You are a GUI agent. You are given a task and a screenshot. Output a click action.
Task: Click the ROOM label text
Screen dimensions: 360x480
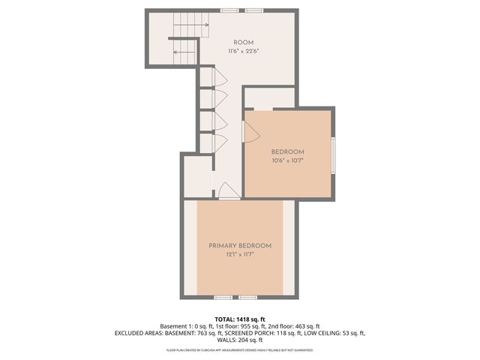click(243, 42)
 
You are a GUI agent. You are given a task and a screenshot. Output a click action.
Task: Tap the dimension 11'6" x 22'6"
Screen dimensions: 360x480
click(243, 51)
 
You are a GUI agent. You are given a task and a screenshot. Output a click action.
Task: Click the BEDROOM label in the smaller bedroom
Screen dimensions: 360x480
click(287, 151)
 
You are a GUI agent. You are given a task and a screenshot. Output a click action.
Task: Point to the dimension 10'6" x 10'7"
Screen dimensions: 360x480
click(287, 160)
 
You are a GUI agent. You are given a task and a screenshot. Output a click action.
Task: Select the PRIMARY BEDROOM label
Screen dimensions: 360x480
click(240, 246)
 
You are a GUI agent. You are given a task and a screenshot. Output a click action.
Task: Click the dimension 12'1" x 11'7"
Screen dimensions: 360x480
click(240, 255)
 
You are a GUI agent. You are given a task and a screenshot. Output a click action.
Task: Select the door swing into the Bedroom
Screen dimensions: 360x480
click(253, 133)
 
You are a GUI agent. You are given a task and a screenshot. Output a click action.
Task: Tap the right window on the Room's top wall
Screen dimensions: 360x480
click(255, 10)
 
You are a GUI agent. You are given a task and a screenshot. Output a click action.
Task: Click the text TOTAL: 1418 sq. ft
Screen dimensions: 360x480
click(240, 319)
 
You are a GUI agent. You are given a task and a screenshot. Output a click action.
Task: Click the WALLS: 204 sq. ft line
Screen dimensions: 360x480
click(240, 340)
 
